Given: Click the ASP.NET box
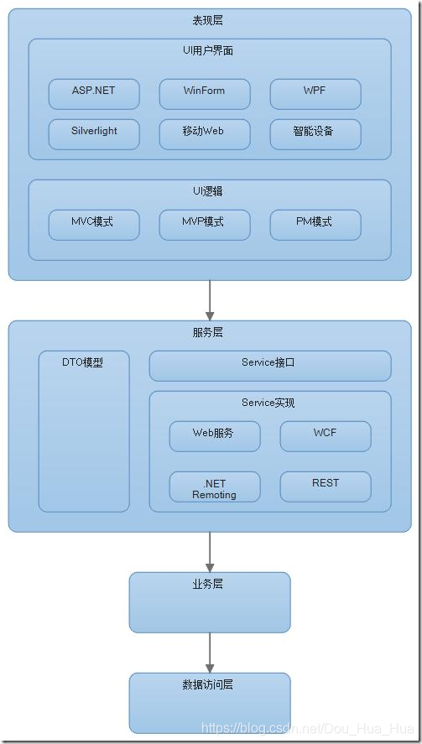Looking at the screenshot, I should click(94, 94).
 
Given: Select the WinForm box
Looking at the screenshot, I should click(204, 94).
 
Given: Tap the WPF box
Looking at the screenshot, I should click(315, 94).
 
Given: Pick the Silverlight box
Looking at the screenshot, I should click(94, 134).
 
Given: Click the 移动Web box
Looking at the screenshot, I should click(204, 134).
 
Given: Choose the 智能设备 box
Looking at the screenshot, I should click(315, 134).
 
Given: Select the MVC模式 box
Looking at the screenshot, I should click(94, 225).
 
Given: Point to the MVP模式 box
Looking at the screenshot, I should click(204, 225).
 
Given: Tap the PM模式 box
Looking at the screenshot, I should click(315, 225).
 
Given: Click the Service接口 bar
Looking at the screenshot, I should click(269, 366).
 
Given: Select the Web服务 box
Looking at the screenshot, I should click(214, 436).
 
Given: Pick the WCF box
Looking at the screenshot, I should click(325, 436).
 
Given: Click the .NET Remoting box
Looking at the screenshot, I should click(214, 487).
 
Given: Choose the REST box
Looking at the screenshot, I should click(325, 486).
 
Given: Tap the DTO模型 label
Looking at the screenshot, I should click(83, 363).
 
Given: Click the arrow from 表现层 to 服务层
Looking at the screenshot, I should click(210, 299).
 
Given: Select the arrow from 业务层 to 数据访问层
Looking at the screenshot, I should click(210, 652).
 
